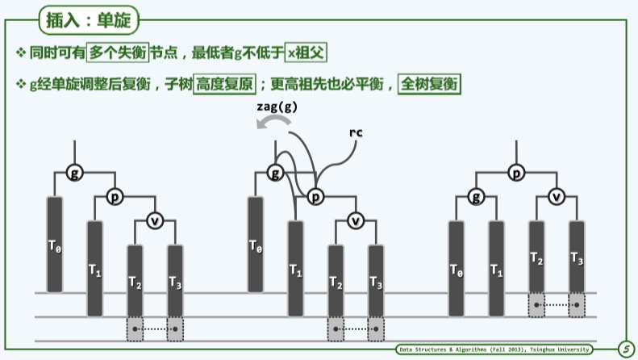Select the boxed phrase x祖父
pos(311,53)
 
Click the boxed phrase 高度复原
pos(223,83)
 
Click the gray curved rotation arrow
pos(269,122)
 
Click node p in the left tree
pos(114,196)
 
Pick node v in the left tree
pos(155,220)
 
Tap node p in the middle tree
pos(315,196)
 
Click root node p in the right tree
pos(516,172)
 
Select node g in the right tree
pos(477,196)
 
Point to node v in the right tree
pos(557,196)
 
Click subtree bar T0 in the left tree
pos(55,244)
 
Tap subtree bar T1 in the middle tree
pos(295,268)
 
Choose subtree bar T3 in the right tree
pos(577,257)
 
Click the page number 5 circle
pos(624,349)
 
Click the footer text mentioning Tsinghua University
pos(495,349)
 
